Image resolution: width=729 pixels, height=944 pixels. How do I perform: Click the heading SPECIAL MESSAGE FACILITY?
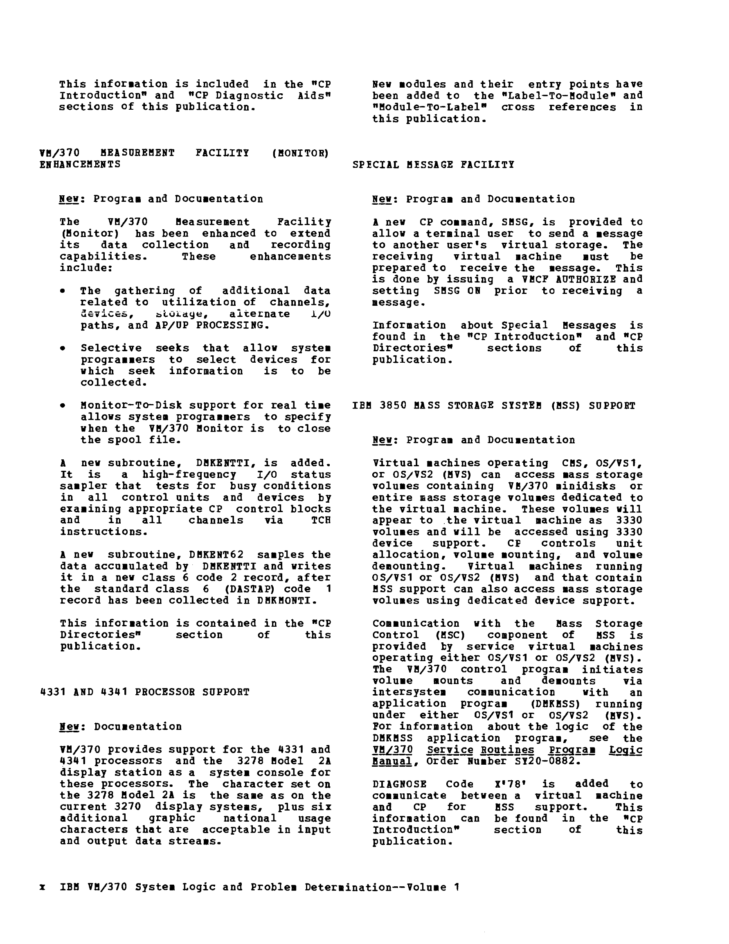[433, 165]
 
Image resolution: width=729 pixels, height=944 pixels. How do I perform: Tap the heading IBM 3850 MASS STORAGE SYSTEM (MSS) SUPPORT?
[494, 405]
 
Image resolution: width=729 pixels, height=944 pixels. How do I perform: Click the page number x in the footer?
[42, 888]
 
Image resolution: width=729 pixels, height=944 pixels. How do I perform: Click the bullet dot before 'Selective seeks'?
[63, 348]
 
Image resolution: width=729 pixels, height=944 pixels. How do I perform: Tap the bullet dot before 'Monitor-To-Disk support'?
[63, 405]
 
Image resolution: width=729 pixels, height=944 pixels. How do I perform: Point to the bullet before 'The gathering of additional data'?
[63, 291]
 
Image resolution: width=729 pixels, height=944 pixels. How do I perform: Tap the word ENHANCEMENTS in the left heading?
[80, 164]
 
